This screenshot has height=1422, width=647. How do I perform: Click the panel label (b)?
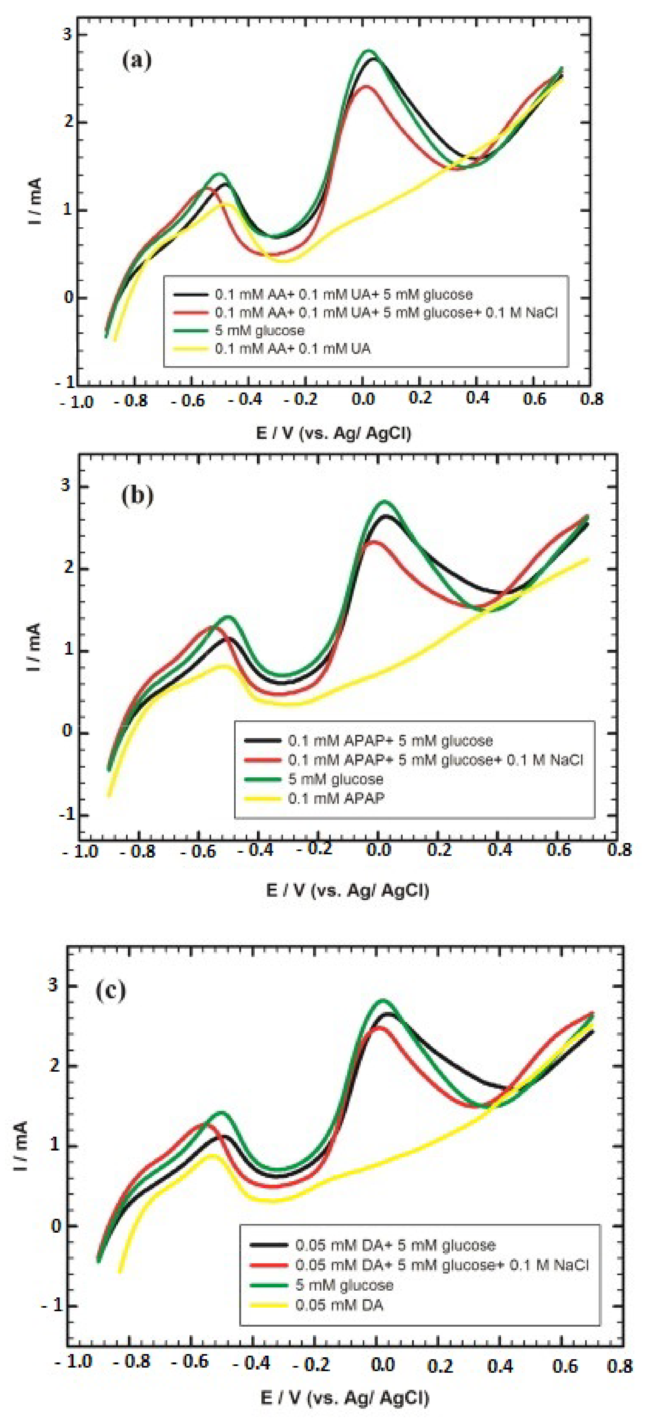136,495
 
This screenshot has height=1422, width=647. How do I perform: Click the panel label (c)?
111,990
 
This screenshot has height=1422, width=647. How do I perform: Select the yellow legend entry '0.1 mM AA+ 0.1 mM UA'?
292,349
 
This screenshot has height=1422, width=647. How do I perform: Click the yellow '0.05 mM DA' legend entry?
339,1305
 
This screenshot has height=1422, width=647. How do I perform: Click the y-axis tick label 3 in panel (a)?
67,34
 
